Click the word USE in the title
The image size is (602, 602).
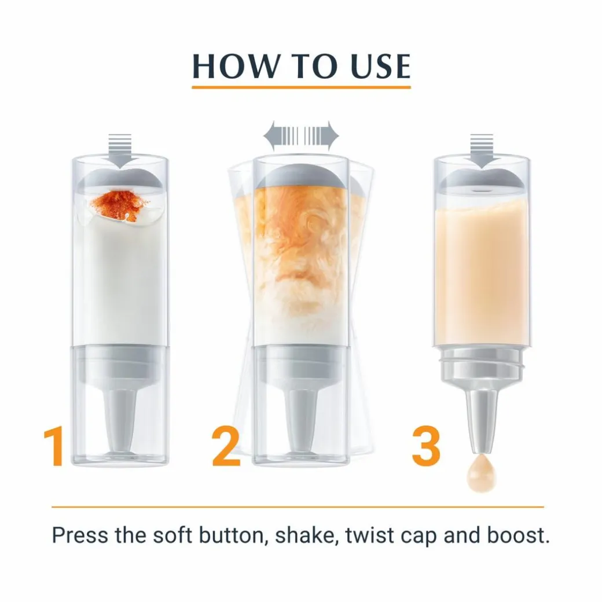tap(380, 66)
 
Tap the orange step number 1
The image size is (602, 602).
tap(54, 446)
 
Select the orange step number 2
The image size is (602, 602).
tap(225, 446)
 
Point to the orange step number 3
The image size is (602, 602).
tap(426, 446)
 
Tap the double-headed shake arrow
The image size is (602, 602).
tap(301, 136)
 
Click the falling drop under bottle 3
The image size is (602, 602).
tap(482, 473)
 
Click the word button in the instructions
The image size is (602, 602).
tap(233, 535)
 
